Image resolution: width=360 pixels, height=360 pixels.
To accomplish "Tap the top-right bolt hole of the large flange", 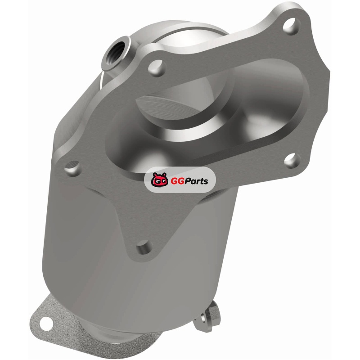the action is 292,26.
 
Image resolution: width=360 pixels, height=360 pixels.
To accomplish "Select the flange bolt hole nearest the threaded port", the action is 157,68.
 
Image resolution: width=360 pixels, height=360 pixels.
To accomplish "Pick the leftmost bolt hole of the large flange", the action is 73,168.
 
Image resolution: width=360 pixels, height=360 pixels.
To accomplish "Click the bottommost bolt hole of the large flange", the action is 144,247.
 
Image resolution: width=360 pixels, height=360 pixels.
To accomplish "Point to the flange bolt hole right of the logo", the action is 292,161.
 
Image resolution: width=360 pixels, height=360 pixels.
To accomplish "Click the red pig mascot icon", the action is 160,180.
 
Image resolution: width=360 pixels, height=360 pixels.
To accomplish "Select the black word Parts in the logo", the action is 194,181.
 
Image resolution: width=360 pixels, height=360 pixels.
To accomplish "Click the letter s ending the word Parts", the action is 206,182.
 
